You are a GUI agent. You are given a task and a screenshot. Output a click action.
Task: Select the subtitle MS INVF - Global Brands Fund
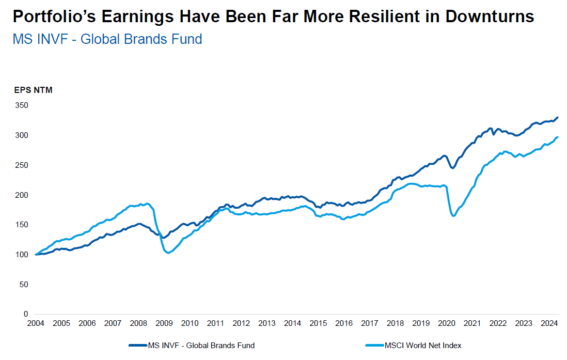[107, 39]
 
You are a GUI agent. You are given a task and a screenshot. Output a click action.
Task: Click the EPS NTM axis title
[33, 90]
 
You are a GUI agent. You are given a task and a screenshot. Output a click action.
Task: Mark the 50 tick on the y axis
[22, 284]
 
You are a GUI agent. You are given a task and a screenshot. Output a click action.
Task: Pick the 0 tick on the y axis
[24, 314]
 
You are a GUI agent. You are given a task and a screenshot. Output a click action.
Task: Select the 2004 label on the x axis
[36, 323]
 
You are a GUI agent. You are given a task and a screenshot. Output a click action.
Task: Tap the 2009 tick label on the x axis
[164, 323]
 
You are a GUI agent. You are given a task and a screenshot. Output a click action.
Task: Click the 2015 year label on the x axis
[318, 323]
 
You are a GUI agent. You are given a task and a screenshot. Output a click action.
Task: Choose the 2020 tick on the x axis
[447, 323]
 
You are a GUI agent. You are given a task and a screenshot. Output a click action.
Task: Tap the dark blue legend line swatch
[137, 345]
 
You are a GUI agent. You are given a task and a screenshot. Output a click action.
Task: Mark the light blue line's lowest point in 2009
[168, 253]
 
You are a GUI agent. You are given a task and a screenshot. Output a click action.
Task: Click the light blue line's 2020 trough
[453, 215]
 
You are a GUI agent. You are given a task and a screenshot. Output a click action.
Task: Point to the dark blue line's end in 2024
[558, 118]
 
